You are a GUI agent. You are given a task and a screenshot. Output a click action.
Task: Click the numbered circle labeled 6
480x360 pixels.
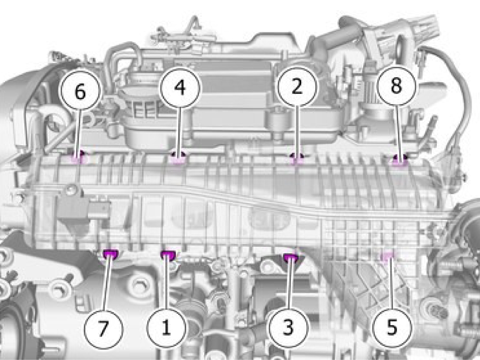(x=80, y=91)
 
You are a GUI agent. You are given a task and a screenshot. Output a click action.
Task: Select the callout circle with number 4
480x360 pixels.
(x=180, y=88)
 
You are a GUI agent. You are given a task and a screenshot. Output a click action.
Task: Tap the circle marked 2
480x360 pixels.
(x=297, y=86)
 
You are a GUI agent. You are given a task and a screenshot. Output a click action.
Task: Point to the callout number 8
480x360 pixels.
(x=396, y=85)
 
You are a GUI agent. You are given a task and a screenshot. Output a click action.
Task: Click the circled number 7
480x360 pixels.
(x=103, y=329)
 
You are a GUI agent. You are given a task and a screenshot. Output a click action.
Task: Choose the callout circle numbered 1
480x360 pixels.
(x=166, y=328)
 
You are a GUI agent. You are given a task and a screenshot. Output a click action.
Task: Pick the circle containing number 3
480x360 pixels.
(x=288, y=327)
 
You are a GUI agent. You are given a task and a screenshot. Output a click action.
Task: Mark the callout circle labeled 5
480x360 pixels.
(x=392, y=327)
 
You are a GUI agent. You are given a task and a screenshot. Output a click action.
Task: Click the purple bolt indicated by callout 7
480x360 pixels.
(x=111, y=253)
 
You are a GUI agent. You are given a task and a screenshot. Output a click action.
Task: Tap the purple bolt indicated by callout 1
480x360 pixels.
(x=168, y=254)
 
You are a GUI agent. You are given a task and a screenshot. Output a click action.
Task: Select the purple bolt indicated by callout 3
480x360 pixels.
(x=291, y=258)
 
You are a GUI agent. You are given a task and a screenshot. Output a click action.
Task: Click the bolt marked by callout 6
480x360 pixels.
(x=78, y=157)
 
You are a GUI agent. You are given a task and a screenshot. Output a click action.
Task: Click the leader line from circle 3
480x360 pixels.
(x=290, y=283)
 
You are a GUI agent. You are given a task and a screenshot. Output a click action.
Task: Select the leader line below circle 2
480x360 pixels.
(x=296, y=132)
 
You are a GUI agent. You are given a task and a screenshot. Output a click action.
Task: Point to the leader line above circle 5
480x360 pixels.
(x=391, y=283)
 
